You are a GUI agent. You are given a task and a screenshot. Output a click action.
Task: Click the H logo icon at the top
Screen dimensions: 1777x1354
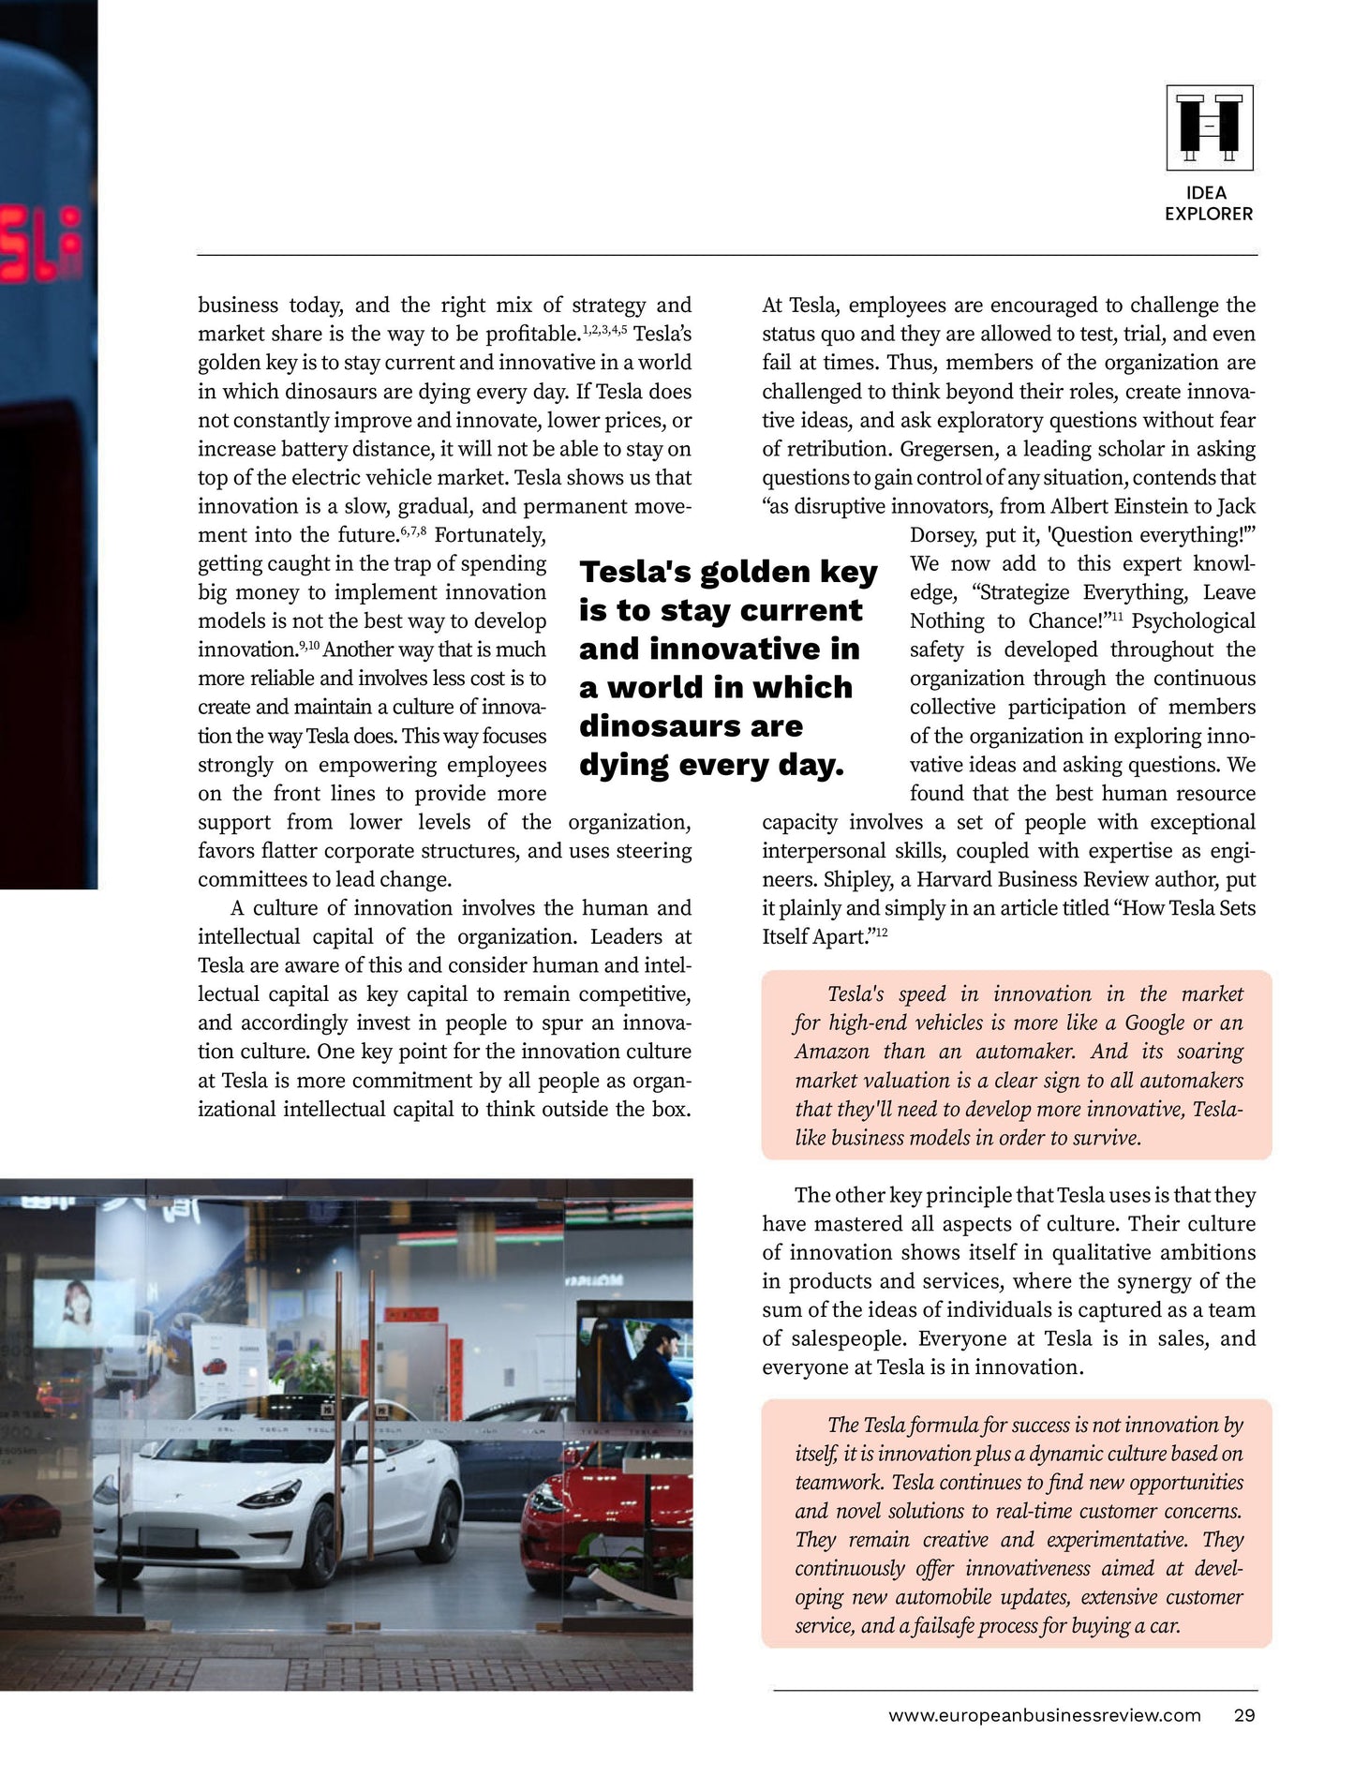click(1209, 127)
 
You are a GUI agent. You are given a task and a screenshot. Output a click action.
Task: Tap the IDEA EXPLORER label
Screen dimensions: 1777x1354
click(1208, 203)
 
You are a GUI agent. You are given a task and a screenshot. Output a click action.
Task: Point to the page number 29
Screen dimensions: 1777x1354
click(1243, 1715)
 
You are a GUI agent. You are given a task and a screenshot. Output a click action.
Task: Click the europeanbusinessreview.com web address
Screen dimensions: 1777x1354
click(1044, 1715)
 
